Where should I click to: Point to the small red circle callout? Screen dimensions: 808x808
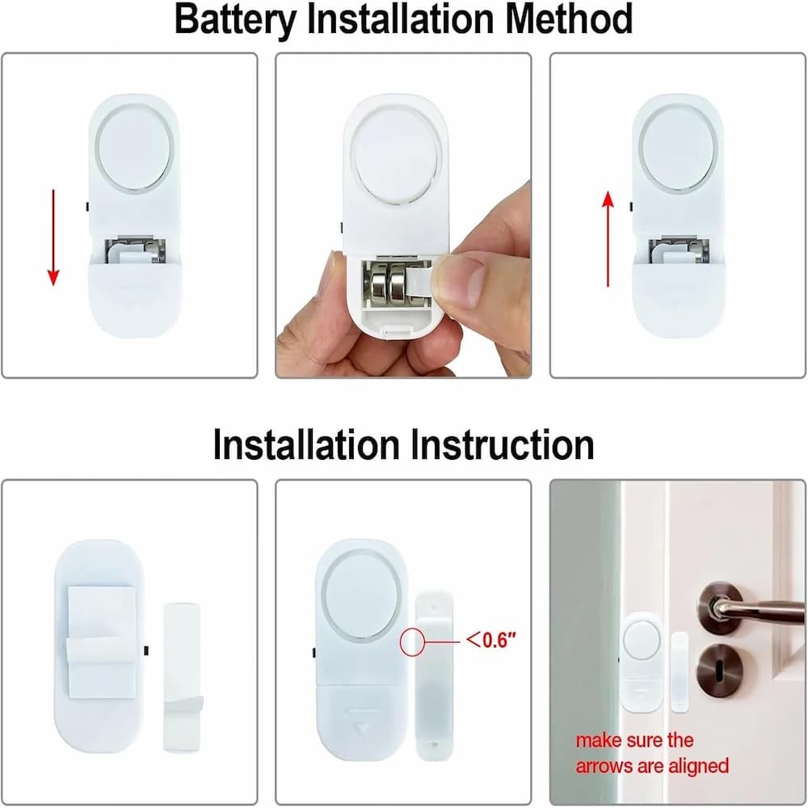(x=413, y=641)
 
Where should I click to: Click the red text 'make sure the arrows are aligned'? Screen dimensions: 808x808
(x=651, y=752)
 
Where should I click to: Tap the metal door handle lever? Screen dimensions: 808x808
(x=751, y=608)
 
